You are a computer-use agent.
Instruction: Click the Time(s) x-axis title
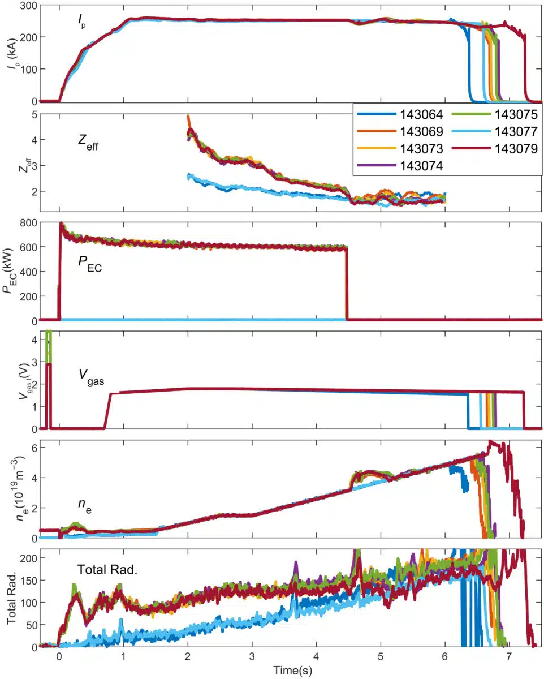[292, 671]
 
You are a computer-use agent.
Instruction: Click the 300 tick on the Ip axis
[28, 6]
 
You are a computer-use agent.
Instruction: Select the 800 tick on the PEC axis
[28, 223]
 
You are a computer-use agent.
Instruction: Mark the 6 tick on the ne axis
[33, 448]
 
